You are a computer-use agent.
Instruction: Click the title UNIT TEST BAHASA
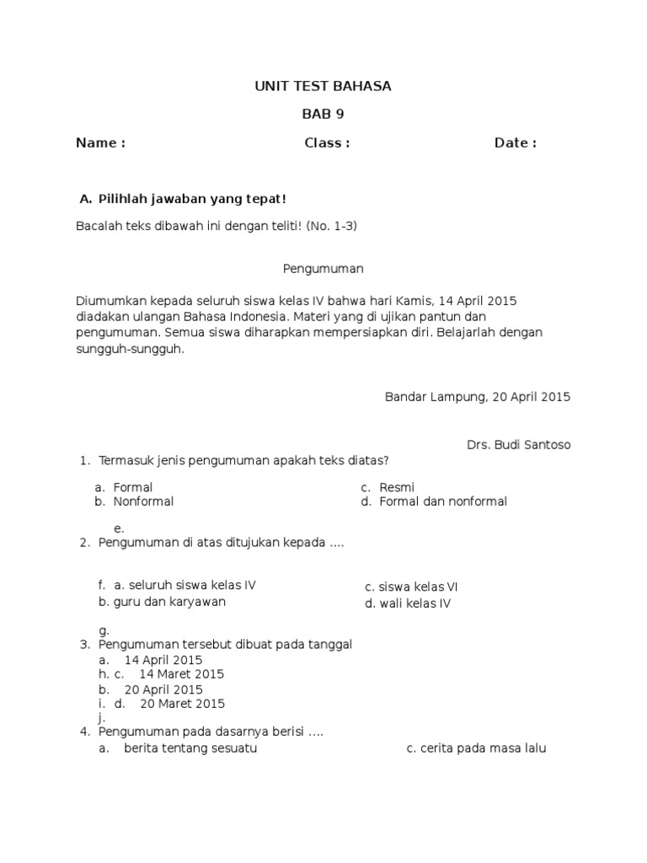pyautogui.click(x=323, y=86)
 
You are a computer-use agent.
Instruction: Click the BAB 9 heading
pyautogui.click(x=323, y=115)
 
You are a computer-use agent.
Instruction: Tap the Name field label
pyautogui.click(x=100, y=143)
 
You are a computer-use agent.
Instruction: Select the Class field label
pyautogui.click(x=327, y=143)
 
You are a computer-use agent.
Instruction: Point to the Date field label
pyautogui.click(x=515, y=143)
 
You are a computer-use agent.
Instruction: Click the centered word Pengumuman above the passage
pyautogui.click(x=323, y=269)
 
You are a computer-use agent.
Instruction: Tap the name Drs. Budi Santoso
pyautogui.click(x=518, y=445)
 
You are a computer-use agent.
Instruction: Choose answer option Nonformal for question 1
pyautogui.click(x=143, y=501)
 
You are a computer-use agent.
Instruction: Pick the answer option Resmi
pyautogui.click(x=397, y=487)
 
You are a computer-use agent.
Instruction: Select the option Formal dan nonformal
pyautogui.click(x=443, y=501)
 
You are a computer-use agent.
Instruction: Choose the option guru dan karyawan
pyautogui.click(x=162, y=602)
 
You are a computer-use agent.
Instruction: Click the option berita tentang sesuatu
pyautogui.click(x=190, y=748)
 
